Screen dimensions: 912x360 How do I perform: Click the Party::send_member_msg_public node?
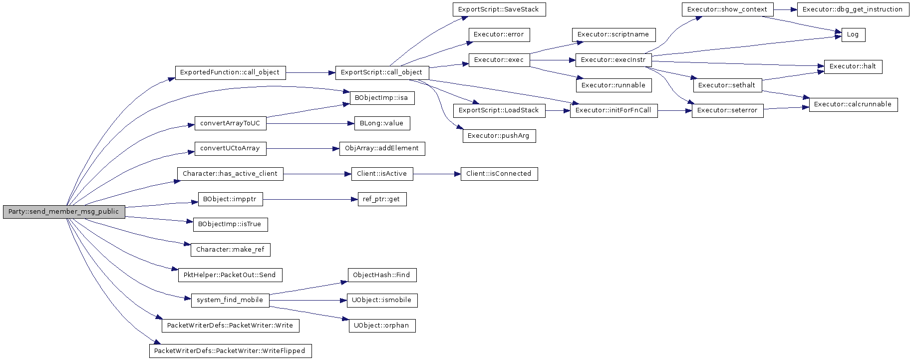(x=64, y=212)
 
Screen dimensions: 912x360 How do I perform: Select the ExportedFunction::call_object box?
(x=230, y=72)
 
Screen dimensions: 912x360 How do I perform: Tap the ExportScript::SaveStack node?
(x=499, y=9)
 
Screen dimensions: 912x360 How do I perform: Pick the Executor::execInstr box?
(x=613, y=60)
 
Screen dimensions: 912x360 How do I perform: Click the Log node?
(x=853, y=35)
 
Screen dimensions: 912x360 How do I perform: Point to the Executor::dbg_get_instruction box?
(x=853, y=9)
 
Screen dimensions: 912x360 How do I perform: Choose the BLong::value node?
(x=382, y=123)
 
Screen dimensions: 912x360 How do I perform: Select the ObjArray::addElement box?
(x=382, y=148)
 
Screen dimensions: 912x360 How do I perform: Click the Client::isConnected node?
(x=499, y=174)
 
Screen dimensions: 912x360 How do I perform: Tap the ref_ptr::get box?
(x=382, y=199)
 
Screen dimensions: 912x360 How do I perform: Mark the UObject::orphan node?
(x=382, y=326)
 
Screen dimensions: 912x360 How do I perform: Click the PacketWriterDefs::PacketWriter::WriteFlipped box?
(x=230, y=351)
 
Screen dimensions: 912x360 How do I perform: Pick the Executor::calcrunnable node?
(x=853, y=104)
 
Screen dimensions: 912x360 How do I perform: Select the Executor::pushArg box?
(x=499, y=136)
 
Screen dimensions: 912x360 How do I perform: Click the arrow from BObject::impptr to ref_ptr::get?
(x=310, y=199)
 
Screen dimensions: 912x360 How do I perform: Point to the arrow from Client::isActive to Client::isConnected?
(x=437, y=174)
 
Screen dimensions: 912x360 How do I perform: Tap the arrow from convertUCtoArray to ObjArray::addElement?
(x=303, y=148)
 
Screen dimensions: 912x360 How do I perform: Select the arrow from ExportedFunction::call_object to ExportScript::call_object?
(x=310, y=72)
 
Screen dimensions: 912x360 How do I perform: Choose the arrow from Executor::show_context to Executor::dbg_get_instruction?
(x=785, y=9)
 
